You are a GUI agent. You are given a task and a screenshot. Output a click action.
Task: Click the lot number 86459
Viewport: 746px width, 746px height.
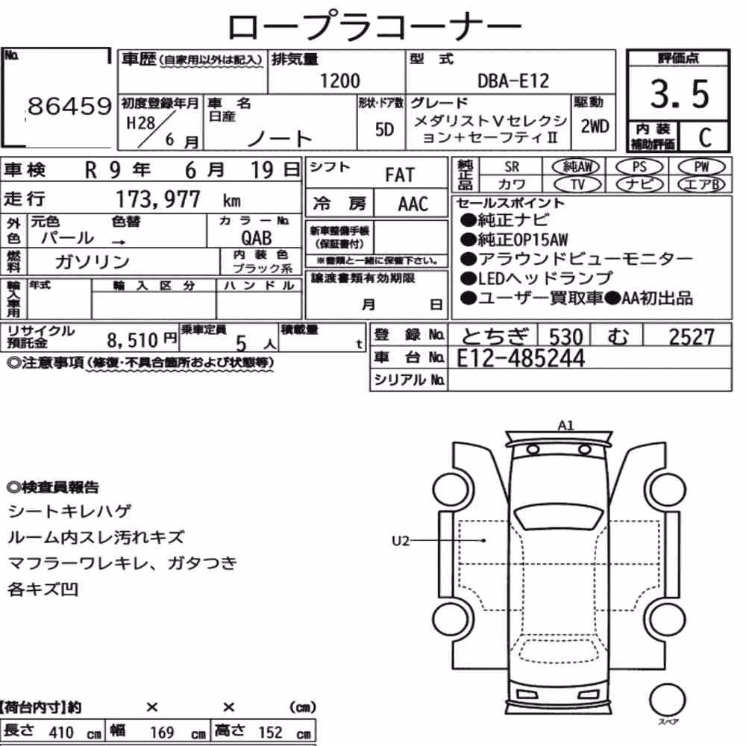tap(70, 106)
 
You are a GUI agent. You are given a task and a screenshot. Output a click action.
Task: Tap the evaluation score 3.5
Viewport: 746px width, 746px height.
tap(680, 94)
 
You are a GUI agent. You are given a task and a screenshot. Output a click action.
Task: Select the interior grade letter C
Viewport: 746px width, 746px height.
tap(705, 137)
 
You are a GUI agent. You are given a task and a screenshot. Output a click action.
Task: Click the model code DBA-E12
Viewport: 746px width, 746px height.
tap(513, 81)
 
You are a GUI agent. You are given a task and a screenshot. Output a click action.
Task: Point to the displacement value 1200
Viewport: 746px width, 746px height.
tap(339, 81)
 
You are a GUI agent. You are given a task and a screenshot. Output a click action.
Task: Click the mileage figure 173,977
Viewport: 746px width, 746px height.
tap(158, 199)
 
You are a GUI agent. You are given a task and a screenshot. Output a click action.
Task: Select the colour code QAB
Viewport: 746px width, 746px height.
tap(257, 238)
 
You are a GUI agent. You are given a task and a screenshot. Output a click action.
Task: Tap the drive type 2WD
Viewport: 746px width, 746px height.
tap(595, 127)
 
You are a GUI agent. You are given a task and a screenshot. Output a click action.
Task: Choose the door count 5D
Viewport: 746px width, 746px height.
tap(384, 129)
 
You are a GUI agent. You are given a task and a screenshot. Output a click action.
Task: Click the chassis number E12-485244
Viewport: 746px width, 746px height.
tap(521, 358)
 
